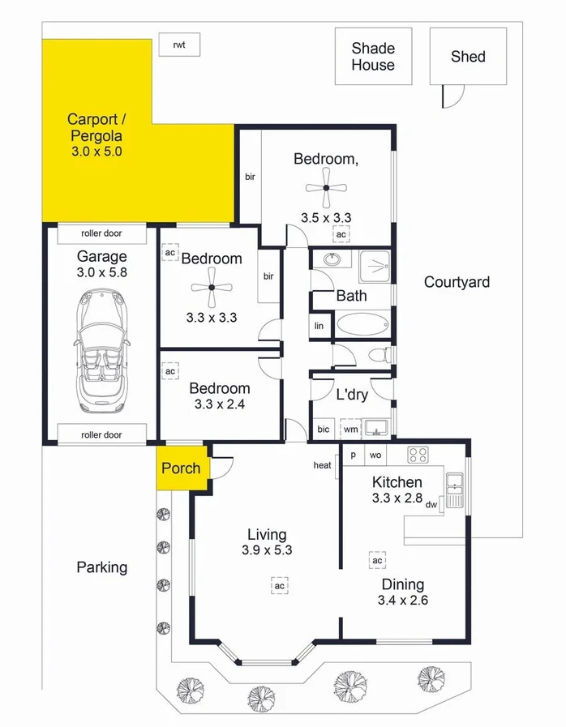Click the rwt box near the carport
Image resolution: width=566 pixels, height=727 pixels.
click(179, 45)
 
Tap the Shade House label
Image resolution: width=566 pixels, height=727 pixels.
click(373, 57)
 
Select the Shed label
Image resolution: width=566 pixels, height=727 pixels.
click(468, 56)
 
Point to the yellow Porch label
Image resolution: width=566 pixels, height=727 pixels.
click(181, 468)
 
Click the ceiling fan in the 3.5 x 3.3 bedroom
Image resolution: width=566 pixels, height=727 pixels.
click(325, 188)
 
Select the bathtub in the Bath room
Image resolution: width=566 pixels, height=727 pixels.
click(362, 326)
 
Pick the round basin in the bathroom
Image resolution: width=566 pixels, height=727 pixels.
click(332, 261)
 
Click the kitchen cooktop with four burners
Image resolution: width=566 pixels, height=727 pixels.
click(417, 455)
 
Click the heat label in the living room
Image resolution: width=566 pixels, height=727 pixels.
click(323, 465)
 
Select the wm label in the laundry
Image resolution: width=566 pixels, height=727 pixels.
click(349, 429)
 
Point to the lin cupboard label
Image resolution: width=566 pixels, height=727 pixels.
click(319, 326)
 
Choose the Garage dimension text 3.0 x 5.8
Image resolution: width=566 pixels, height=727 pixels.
click(102, 273)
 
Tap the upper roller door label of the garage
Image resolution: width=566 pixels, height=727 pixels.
click(101, 233)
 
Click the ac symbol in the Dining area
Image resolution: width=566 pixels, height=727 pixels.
click(377, 560)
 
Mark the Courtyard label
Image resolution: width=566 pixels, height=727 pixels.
click(457, 282)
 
